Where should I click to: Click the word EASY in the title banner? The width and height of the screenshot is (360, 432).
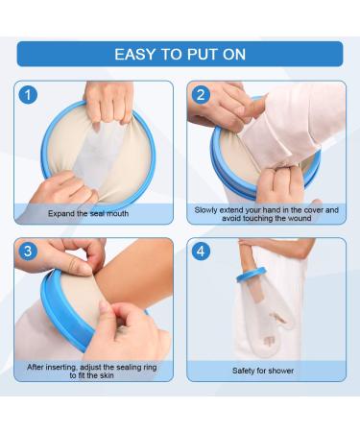[137, 54]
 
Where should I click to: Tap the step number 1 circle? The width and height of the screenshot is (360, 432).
[29, 95]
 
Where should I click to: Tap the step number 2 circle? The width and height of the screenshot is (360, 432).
[202, 95]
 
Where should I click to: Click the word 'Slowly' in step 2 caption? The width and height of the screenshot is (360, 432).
[208, 208]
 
